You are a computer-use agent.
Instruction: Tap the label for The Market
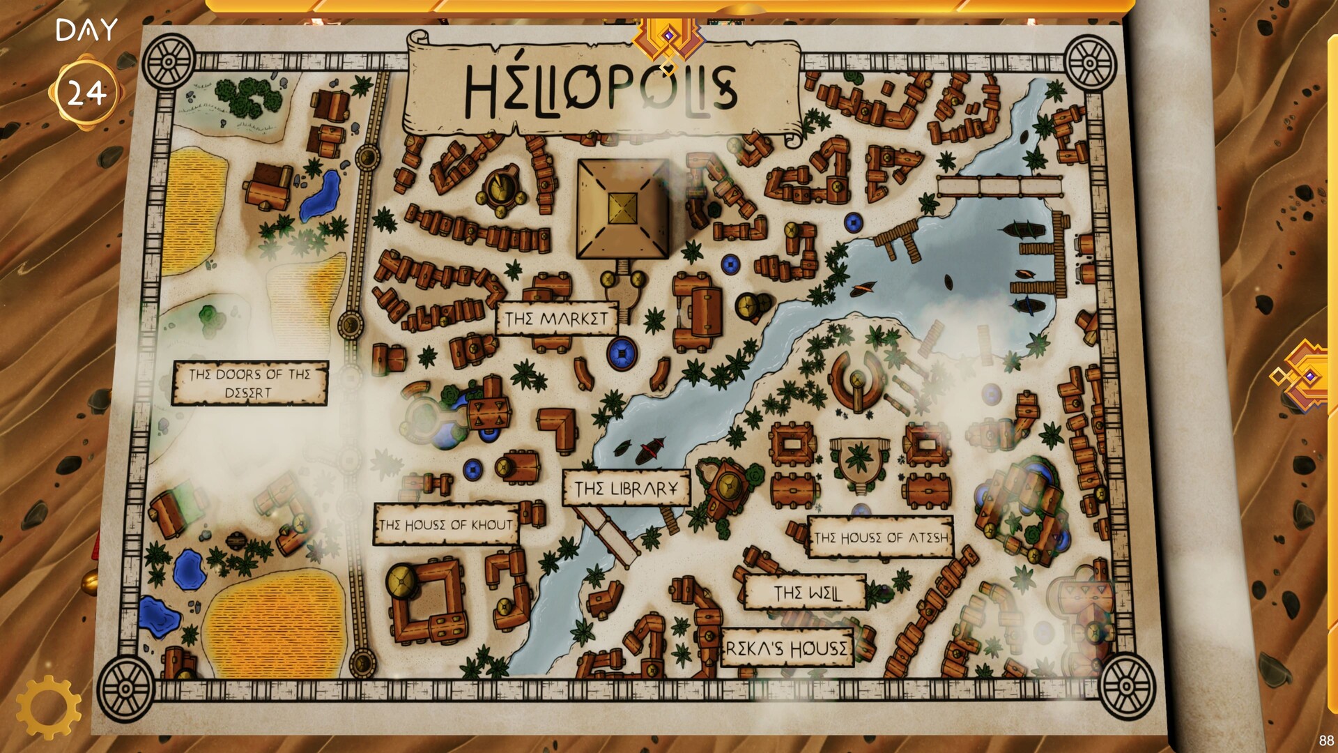click(556, 319)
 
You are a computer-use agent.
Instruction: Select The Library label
click(626, 488)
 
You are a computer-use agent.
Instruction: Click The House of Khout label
click(446, 524)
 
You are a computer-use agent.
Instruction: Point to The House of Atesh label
click(881, 537)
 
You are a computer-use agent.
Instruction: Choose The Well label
click(807, 593)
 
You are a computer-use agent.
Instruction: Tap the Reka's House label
click(787, 648)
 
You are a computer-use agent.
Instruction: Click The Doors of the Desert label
click(250, 383)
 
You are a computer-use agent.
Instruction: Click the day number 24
click(86, 93)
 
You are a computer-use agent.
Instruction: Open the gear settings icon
click(47, 706)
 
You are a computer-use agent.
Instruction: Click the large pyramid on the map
click(622, 208)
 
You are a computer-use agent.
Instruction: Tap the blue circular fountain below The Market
click(622, 353)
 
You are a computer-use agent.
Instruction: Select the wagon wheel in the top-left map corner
click(168, 61)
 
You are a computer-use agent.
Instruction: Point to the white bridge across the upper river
click(999, 186)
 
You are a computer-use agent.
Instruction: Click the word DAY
click(86, 31)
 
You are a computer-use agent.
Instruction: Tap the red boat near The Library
click(650, 450)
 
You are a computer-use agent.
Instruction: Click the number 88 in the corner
click(1325, 740)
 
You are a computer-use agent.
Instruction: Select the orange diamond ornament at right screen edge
click(1305, 376)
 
